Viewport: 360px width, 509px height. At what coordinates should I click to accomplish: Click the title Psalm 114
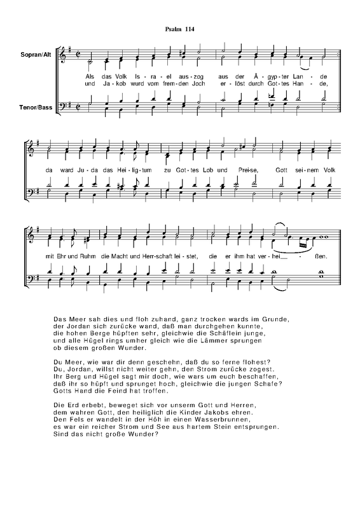[179, 29]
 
